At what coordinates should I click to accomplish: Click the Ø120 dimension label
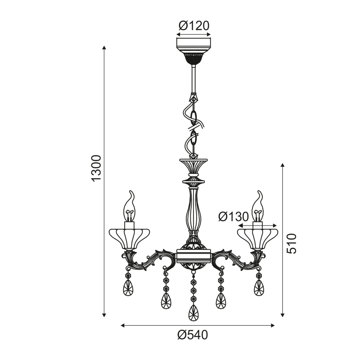coord(194,26)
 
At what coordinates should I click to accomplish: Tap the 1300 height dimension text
coord(96,168)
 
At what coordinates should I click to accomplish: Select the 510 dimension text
coord(292,243)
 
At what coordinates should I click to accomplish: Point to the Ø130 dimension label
coord(234,216)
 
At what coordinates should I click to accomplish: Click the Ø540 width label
coord(193,335)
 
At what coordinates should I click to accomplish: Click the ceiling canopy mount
coord(194,51)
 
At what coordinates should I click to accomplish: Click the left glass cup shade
coord(129,239)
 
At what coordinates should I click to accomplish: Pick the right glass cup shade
coord(257,239)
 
